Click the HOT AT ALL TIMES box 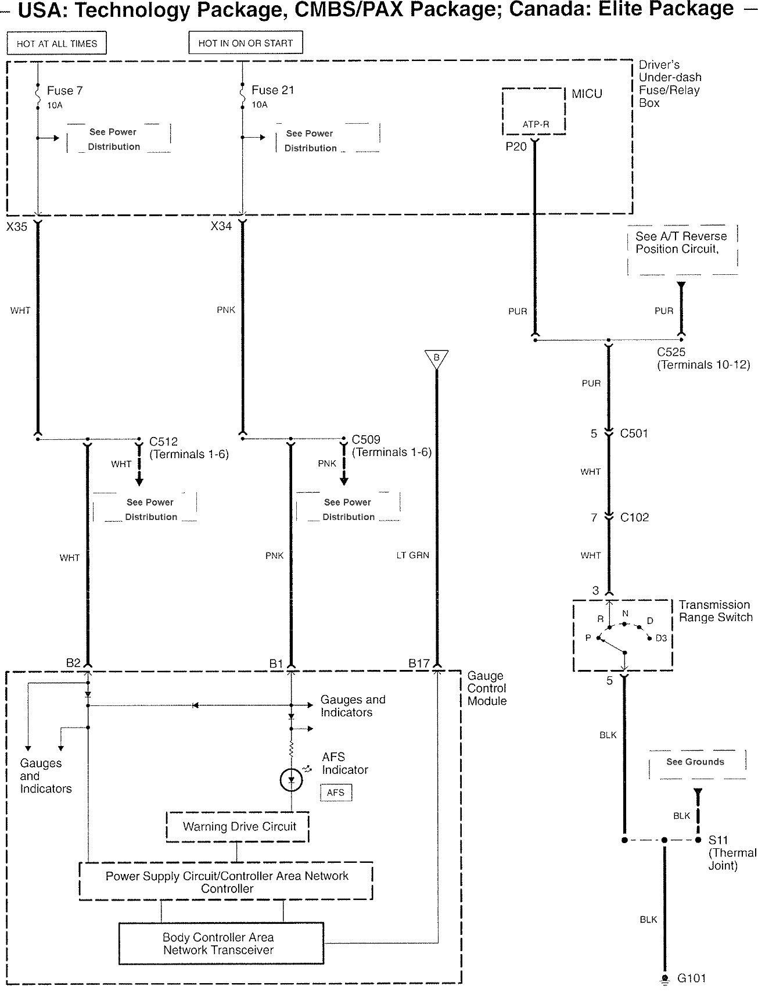click(57, 44)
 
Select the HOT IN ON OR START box click(246, 43)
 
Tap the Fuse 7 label click(64, 91)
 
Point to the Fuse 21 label click(272, 90)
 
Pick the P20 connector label click(516, 146)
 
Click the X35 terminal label click(17, 227)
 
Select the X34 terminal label click(221, 226)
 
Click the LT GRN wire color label click(412, 555)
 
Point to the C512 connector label click(163, 442)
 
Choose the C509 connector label click(366, 440)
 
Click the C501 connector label click(634, 433)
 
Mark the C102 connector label click(634, 518)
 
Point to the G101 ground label click(692, 978)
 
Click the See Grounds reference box click(696, 763)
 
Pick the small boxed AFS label click(336, 793)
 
